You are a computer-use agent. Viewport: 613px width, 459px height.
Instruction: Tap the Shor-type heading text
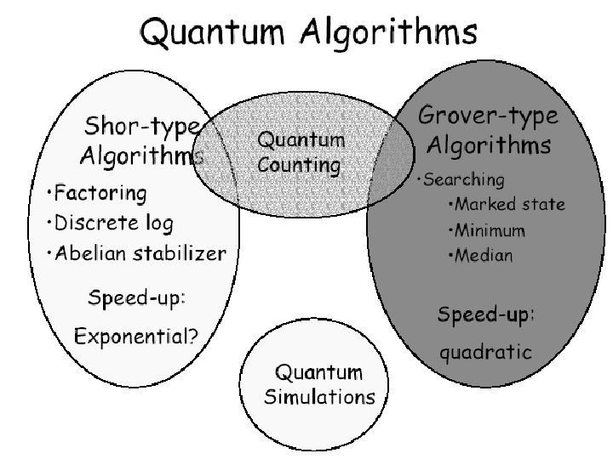[x=141, y=128]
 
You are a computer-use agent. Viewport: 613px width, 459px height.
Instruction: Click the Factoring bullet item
[x=98, y=195]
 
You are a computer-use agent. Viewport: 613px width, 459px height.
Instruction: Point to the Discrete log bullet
[x=112, y=224]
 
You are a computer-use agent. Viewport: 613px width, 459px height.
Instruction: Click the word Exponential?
[x=136, y=335]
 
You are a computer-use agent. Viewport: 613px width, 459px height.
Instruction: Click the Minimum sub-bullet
[x=489, y=229]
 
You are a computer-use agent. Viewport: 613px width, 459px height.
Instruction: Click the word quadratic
[x=485, y=352]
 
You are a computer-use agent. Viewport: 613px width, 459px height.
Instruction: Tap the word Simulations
[x=318, y=396]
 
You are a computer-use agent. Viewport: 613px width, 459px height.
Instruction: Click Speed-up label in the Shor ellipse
[x=137, y=298]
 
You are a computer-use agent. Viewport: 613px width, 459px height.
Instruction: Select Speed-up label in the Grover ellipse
[x=485, y=314]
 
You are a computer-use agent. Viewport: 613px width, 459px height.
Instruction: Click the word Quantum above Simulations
[x=318, y=373]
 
